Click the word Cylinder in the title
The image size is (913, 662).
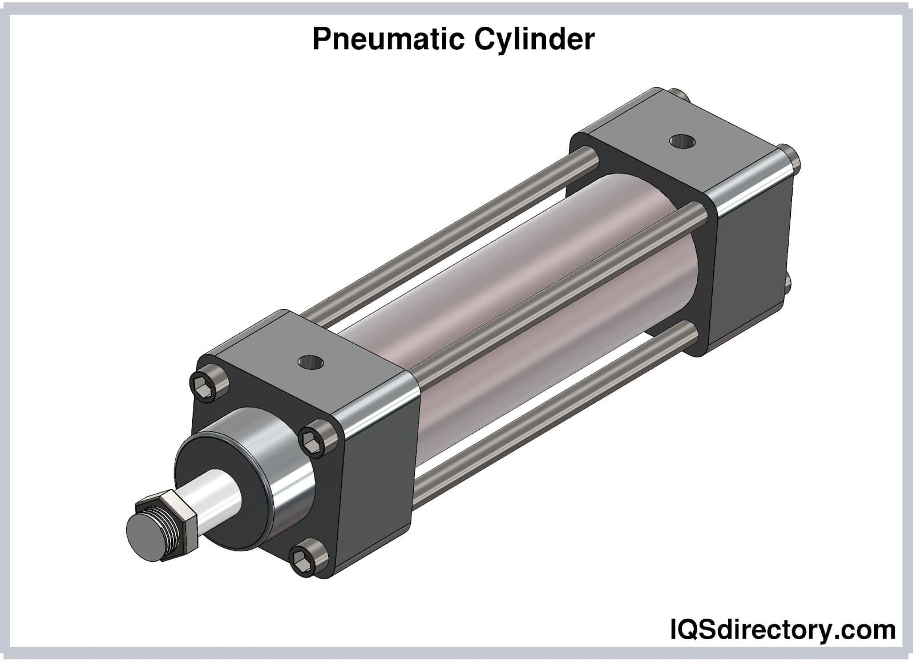534,40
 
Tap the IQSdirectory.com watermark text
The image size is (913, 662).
781,630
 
